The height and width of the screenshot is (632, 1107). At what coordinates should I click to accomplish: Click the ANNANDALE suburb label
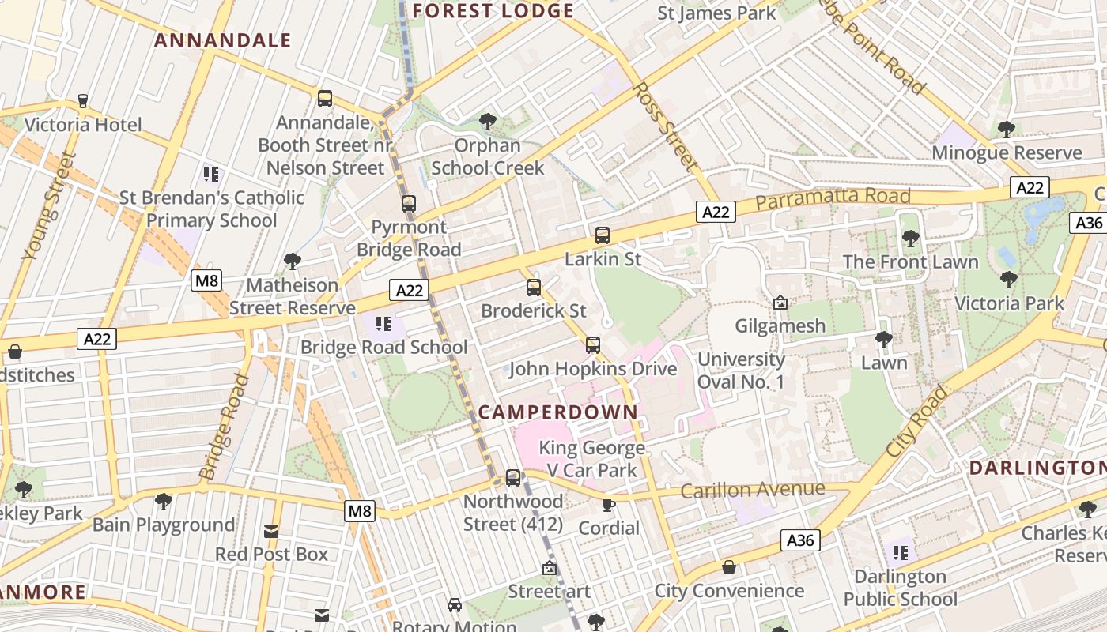223,40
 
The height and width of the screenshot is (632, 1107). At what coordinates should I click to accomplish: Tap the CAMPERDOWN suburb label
558,412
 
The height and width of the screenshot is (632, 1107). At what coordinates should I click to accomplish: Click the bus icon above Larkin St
603,235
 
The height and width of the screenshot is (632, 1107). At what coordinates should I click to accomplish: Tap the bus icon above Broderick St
534,287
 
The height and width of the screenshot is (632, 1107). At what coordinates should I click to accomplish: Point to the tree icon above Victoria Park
1008,279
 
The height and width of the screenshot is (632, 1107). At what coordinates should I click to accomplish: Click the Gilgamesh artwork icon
780,302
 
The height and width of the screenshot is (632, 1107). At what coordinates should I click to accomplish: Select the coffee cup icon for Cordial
608,504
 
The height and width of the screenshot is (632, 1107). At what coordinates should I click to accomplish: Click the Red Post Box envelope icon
271,531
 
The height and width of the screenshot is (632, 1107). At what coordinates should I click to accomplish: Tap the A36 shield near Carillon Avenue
800,540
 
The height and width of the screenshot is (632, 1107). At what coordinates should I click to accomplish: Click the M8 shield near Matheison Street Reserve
206,280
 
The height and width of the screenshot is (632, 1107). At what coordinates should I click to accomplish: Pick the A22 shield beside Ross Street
716,211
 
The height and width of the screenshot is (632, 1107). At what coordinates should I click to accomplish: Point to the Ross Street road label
666,126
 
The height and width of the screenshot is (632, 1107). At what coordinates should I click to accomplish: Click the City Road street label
916,420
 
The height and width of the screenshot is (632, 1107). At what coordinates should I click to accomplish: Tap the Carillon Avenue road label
752,490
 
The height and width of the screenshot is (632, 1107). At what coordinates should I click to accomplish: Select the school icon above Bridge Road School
383,323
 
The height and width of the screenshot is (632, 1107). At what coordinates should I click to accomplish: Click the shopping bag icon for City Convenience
729,567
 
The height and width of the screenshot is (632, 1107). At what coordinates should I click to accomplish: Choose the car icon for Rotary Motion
455,604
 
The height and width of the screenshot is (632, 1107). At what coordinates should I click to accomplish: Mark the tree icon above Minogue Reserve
1006,129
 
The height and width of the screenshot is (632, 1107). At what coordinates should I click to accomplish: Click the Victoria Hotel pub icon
83,101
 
